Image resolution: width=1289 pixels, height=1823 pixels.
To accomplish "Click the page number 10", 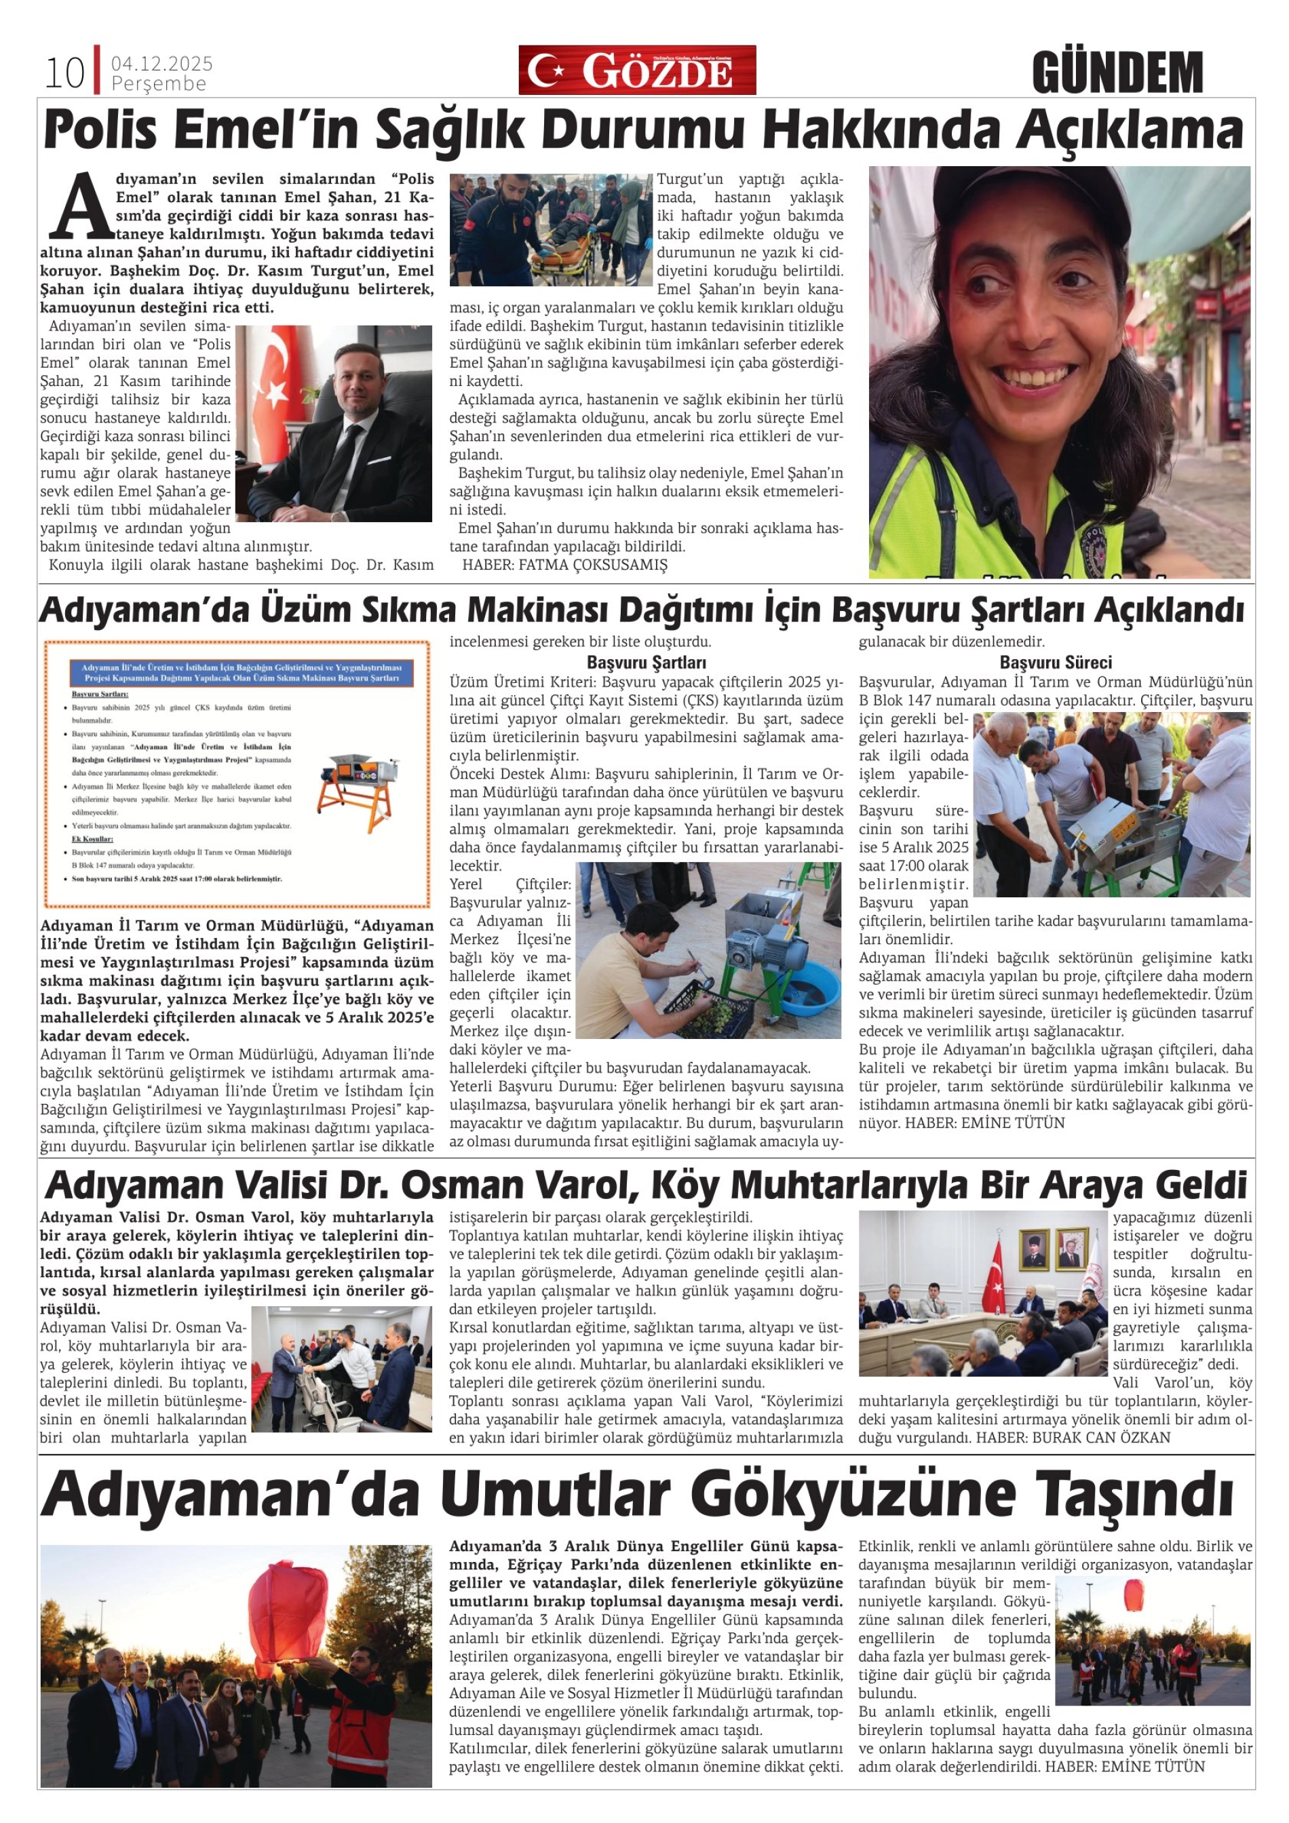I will (64, 73).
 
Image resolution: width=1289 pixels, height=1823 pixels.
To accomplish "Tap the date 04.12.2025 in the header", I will (162, 64).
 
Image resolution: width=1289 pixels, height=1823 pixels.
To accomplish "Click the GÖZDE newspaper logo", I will (637, 71).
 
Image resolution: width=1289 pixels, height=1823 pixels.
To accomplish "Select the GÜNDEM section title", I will (1117, 73).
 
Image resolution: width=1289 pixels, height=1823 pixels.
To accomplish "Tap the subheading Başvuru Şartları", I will (646, 662).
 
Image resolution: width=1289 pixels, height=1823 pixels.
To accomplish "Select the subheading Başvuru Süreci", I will (1056, 662).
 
